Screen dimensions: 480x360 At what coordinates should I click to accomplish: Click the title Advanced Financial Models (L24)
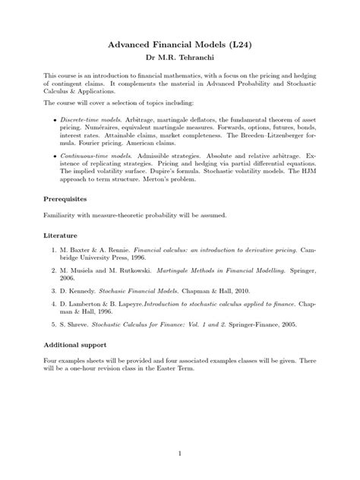click(180, 45)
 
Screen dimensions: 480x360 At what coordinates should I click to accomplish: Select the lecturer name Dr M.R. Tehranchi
click(180, 57)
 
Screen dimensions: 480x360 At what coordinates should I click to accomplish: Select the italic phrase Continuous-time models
click(93, 154)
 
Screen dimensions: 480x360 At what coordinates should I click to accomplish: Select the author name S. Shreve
click(77, 324)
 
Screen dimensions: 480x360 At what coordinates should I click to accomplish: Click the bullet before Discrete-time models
click(53, 122)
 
